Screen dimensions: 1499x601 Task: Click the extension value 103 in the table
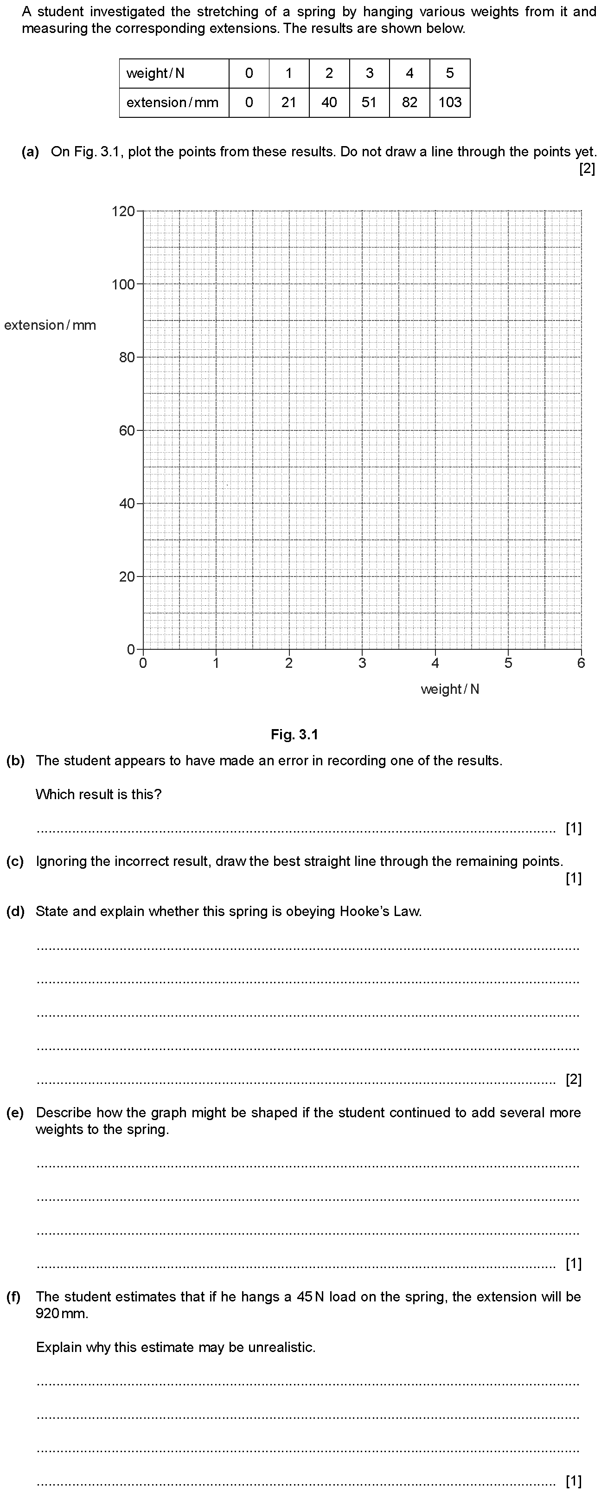[x=450, y=102]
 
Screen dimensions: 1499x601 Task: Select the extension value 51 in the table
[x=369, y=102]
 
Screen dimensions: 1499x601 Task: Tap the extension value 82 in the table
[x=409, y=102]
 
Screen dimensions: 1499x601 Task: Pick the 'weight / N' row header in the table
[x=155, y=73]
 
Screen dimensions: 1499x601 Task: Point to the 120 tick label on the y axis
[x=123, y=211]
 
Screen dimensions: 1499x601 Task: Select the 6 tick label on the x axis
[x=581, y=663]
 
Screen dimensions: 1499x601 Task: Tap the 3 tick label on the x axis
[x=362, y=663]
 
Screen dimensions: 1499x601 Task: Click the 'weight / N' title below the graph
[x=450, y=689]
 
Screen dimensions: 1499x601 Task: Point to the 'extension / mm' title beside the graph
[x=50, y=325]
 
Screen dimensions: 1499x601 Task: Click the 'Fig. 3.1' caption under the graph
[x=294, y=734]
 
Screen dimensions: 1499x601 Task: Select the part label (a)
[x=30, y=152]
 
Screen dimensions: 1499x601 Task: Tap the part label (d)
[x=15, y=911]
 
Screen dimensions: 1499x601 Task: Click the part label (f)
[x=14, y=1296]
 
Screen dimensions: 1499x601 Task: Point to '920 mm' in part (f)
[x=62, y=1313]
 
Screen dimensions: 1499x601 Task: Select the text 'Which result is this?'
[x=98, y=794]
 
